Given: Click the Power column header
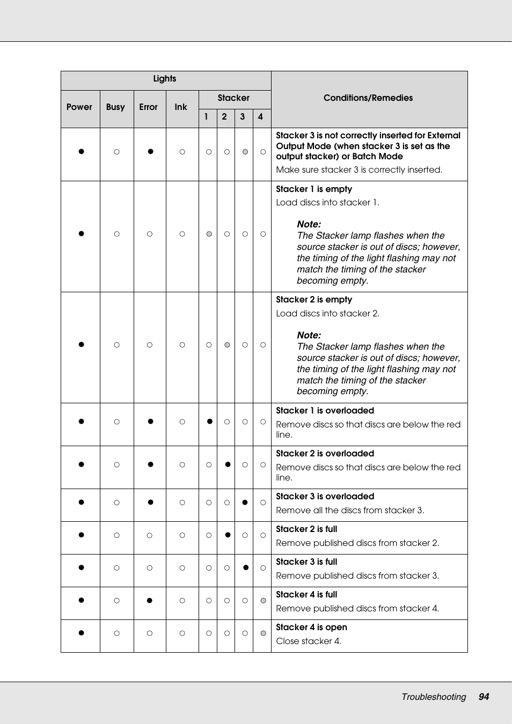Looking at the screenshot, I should click(79, 107).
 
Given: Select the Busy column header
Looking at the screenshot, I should click(115, 107).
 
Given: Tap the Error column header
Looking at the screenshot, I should click(148, 107).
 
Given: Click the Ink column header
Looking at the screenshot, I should click(181, 107).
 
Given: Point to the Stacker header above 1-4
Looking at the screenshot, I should click(233, 98).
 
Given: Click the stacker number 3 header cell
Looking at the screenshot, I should click(243, 117).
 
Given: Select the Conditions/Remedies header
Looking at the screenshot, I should click(368, 98).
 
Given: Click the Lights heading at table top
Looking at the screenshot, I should click(164, 79).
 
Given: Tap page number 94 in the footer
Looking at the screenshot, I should click(484, 697).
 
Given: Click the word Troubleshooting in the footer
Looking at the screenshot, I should click(434, 697).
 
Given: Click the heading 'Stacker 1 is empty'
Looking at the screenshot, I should click(314, 189).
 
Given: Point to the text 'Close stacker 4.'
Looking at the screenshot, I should click(309, 641).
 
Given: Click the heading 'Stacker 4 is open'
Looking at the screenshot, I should click(311, 627).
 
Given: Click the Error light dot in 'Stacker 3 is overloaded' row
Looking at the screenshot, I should click(150, 503).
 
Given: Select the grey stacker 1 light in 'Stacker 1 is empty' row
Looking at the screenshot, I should click(209, 234).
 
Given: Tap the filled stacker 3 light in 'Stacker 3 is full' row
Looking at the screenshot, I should click(246, 567).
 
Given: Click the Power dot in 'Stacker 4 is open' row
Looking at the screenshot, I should click(81, 633).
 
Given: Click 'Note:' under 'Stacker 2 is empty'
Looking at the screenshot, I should click(309, 335).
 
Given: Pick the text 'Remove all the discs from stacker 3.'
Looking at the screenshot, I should click(350, 511).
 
